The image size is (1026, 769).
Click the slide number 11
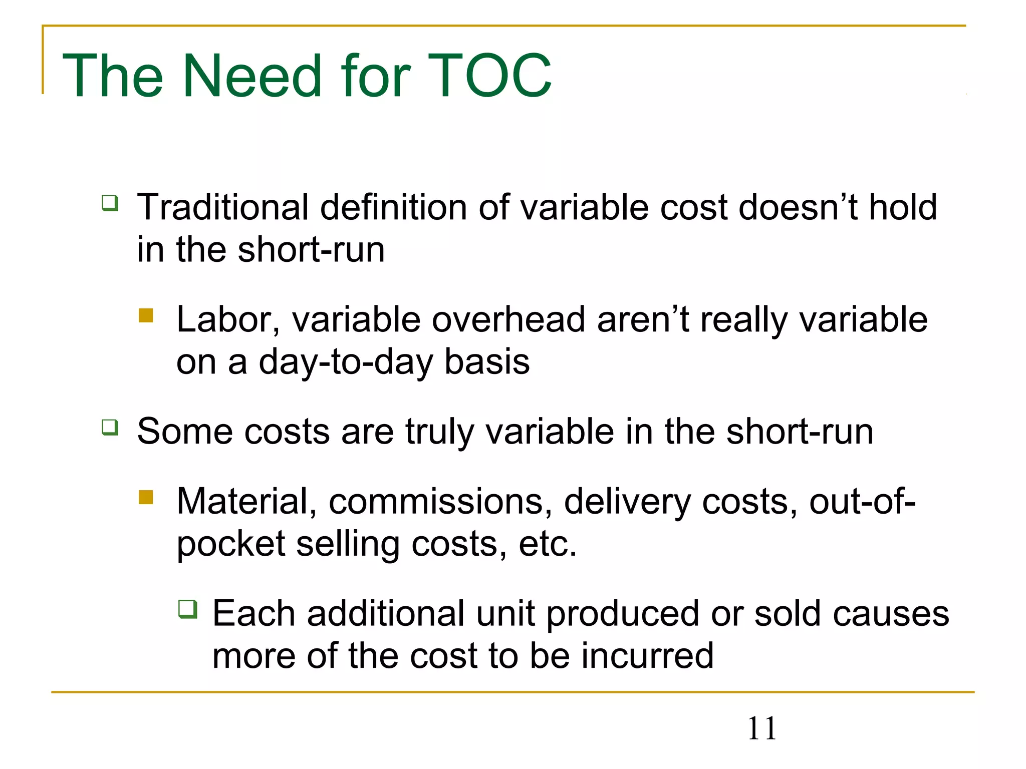pyautogui.click(x=761, y=728)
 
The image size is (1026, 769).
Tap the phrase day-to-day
pyautogui.click(x=345, y=361)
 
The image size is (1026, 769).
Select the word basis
pyautogui.click(x=487, y=361)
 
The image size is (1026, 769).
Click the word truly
pyautogui.click(x=439, y=432)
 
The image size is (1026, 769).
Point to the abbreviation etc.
pyautogui.click(x=548, y=544)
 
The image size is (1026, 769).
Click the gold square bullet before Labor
pyautogui.click(x=146, y=315)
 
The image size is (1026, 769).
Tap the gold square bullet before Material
pyautogui.click(x=146, y=497)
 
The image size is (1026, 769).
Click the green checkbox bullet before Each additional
pyautogui.click(x=188, y=609)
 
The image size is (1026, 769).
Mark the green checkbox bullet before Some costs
pyautogui.click(x=110, y=427)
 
